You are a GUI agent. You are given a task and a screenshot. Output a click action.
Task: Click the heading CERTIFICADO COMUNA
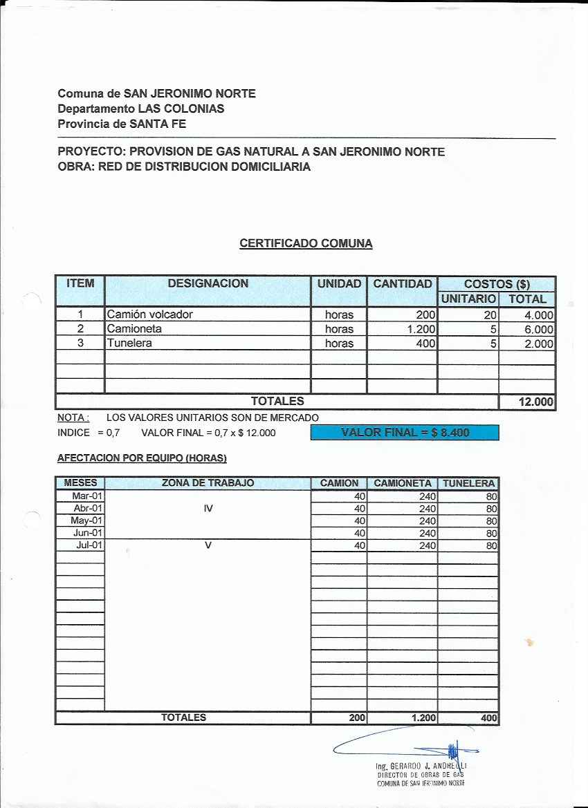click(306, 243)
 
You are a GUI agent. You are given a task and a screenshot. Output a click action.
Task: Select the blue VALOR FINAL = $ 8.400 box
click(405, 433)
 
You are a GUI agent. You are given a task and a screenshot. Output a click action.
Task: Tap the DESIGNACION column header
click(208, 284)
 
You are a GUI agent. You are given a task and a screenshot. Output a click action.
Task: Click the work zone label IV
click(208, 508)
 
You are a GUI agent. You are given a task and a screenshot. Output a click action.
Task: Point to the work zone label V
click(208, 545)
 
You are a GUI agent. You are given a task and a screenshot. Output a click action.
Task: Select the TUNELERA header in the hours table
click(468, 483)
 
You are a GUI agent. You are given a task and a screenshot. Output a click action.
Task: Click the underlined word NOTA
click(73, 417)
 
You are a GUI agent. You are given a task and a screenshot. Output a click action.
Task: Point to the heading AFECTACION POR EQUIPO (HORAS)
click(142, 458)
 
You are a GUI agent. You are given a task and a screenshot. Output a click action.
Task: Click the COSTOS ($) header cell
click(497, 284)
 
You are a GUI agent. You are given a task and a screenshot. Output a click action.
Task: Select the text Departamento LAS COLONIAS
click(141, 109)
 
